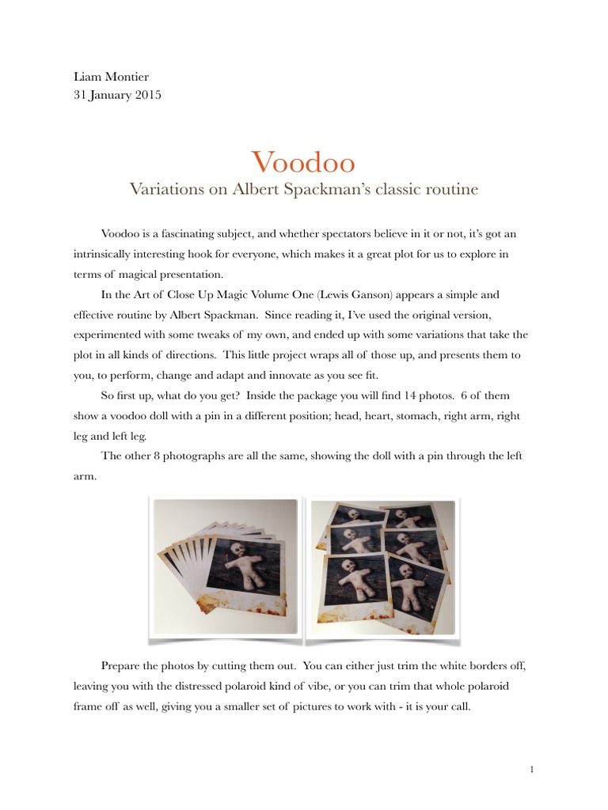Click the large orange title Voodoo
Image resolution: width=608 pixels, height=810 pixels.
pos(303,162)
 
